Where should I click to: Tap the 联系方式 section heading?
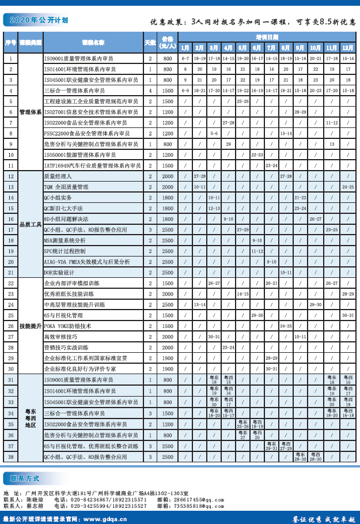[x=29, y=478]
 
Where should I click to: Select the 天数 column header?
[x=150, y=42]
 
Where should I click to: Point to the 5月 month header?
[x=242, y=48]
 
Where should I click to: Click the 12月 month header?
[x=348, y=48]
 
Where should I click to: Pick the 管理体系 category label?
[x=31, y=112]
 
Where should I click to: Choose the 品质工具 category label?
[x=31, y=224]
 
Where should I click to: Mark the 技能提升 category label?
[x=31, y=326]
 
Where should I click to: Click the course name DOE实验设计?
[x=59, y=272]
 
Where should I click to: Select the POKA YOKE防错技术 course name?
[x=67, y=326]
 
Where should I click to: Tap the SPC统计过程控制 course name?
[x=65, y=251]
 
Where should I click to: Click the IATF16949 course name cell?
[x=92, y=165]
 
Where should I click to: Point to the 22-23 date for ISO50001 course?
[x=257, y=155]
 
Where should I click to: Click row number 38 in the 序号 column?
[x=11, y=457]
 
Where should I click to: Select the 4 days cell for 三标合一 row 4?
[x=150, y=91]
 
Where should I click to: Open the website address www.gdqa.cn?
[x=103, y=519]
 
